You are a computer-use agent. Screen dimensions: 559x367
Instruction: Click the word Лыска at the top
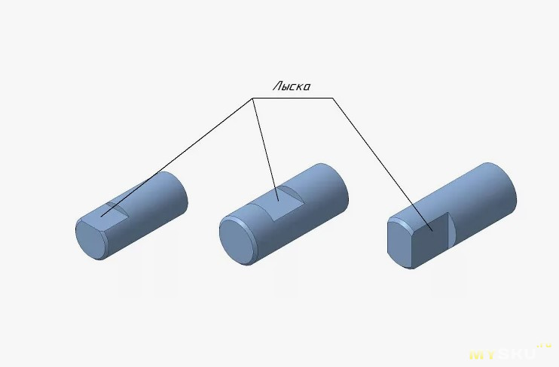[x=292, y=86]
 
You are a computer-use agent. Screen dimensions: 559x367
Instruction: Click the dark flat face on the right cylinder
[x=430, y=240]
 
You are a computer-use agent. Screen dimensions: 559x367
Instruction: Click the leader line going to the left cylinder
[x=177, y=157]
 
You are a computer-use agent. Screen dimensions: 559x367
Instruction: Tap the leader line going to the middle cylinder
[x=266, y=150]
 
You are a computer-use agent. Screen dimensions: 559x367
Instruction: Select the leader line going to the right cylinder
[x=383, y=165]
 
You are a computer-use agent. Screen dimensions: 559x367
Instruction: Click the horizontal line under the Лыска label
[x=293, y=98]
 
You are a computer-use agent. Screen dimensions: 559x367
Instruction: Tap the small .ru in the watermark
[x=544, y=345]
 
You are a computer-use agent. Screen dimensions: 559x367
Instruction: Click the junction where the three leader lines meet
[x=253, y=98]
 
